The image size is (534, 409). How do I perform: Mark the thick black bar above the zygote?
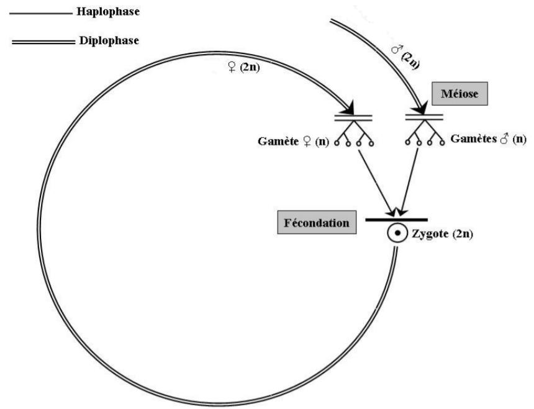396,220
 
